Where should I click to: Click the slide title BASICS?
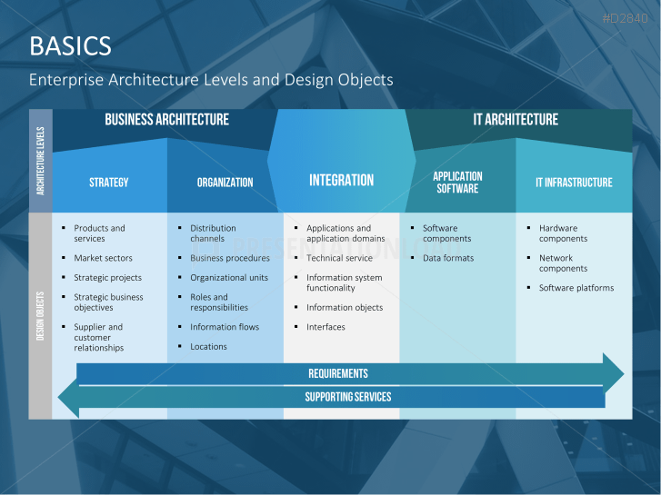(70, 45)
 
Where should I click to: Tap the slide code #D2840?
(627, 19)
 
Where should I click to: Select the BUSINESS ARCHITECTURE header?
(166, 120)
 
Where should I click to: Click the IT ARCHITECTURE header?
(516, 120)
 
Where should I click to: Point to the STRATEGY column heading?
(109, 183)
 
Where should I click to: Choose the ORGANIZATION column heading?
(225, 183)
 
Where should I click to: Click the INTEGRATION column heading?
(341, 181)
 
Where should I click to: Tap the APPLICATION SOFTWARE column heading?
(457, 183)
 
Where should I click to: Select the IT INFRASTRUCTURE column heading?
(574, 183)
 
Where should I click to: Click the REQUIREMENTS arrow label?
(338, 373)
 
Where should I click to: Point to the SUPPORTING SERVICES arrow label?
(348, 397)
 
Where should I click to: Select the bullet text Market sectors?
(103, 258)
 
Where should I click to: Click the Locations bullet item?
(208, 347)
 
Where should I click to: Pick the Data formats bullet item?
(448, 258)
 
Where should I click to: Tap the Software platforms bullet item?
(576, 288)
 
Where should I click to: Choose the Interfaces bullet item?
(325, 327)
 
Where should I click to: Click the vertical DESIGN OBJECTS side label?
(41, 316)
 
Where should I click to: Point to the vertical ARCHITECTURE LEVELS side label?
(41, 161)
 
